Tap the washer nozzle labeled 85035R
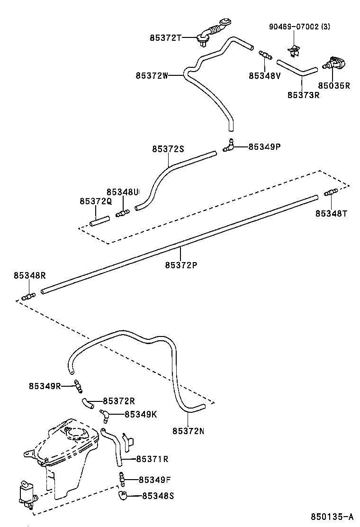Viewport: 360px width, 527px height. click(x=338, y=63)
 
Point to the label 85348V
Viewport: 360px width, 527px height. click(x=265, y=75)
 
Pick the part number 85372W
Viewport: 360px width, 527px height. click(x=152, y=75)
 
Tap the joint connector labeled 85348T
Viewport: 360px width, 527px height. click(x=331, y=193)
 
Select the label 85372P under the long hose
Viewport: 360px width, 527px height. click(x=181, y=265)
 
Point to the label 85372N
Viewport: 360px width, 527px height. click(x=188, y=431)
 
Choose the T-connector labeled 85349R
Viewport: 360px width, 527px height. click(x=78, y=386)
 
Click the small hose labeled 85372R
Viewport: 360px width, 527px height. click(x=87, y=403)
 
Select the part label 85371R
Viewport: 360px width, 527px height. click(x=153, y=459)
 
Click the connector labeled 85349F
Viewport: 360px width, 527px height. click(x=122, y=479)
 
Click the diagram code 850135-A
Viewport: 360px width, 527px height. click(x=332, y=516)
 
